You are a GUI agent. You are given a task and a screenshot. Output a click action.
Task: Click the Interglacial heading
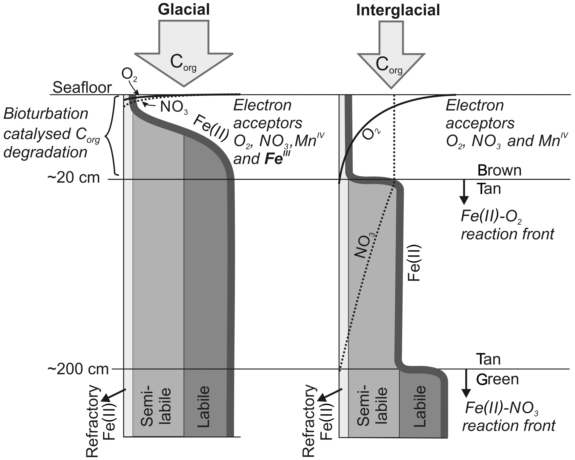click(x=398, y=11)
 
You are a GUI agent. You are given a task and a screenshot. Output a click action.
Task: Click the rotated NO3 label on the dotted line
click(x=364, y=245)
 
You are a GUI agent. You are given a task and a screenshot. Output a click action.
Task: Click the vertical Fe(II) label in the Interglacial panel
click(x=414, y=262)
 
